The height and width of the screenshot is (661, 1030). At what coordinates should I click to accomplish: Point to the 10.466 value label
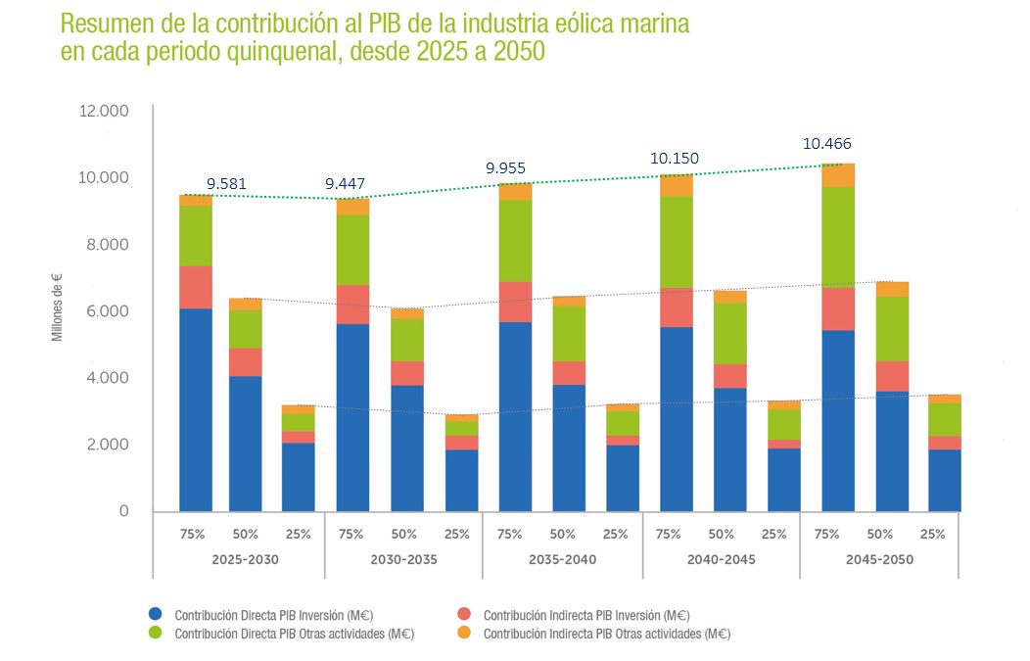pos(827,144)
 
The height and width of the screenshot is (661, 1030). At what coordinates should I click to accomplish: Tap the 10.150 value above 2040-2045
pos(675,159)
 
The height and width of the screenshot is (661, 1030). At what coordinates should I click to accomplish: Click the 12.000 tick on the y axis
pos(103,112)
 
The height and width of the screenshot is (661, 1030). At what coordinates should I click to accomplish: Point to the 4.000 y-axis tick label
pos(107,378)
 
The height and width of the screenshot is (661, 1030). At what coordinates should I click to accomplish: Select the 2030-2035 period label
pos(404,560)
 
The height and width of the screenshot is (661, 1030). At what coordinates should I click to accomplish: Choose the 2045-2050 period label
pos(880,560)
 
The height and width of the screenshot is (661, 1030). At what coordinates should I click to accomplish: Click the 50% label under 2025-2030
pos(245,535)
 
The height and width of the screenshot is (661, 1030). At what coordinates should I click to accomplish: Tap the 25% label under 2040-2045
pos(773,535)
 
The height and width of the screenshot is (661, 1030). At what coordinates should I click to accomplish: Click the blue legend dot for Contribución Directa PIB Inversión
pos(155,615)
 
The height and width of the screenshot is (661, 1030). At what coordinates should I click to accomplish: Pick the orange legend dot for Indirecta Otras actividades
pos(464,634)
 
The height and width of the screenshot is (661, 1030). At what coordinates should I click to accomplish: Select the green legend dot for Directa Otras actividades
pos(155,634)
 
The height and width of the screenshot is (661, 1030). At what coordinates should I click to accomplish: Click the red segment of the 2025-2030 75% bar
pos(196,287)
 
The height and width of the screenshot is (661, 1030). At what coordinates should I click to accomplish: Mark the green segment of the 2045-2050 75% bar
pos(838,236)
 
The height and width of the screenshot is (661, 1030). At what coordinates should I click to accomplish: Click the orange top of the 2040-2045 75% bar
pos(677,185)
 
